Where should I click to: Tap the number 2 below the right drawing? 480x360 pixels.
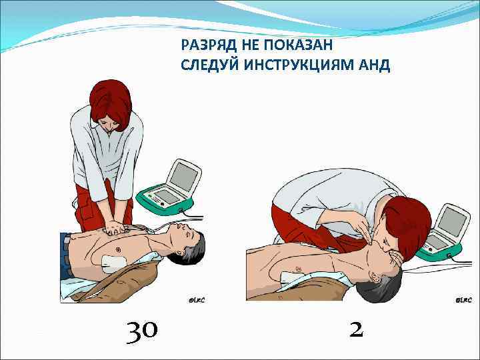coord(357,327)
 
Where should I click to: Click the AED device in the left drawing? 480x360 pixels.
coord(173,186)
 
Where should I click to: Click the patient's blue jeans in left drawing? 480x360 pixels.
coord(65,257)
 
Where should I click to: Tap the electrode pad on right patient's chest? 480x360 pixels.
coord(291,274)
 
